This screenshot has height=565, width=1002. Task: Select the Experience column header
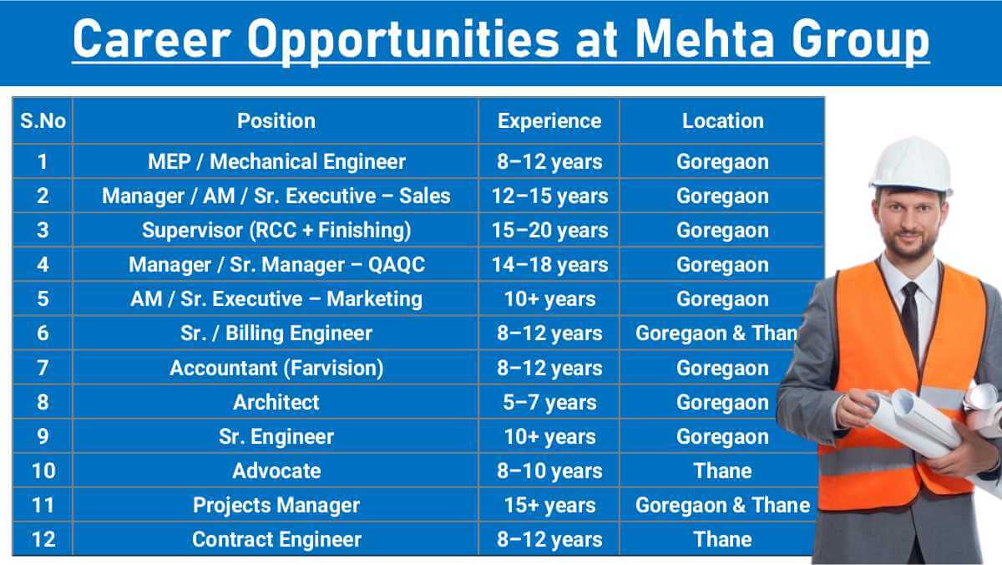tap(549, 121)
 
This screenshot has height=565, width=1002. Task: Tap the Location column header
tap(722, 121)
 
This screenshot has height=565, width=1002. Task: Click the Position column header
tap(276, 121)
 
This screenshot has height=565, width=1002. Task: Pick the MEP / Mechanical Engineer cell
tap(276, 161)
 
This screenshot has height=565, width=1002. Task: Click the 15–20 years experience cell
tap(549, 230)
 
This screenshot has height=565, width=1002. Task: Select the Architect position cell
tap(276, 402)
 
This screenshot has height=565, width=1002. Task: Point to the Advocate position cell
tap(276, 471)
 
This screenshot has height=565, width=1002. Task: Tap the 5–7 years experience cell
tap(549, 402)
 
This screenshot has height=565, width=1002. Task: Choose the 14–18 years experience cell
tap(549, 265)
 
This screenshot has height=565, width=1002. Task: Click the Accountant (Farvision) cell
tap(276, 368)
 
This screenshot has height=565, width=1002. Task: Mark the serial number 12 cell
tap(43, 539)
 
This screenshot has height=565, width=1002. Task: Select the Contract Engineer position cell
tap(276, 539)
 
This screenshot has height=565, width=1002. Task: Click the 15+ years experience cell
tap(549, 505)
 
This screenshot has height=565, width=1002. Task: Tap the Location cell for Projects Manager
tap(722, 505)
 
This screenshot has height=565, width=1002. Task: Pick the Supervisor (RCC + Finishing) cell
tap(276, 230)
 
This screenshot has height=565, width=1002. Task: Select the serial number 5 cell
tap(43, 299)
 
